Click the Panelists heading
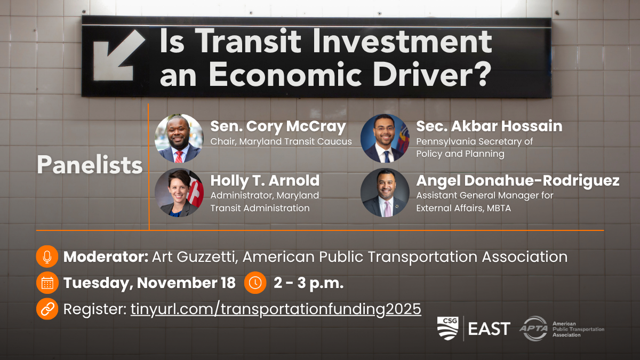[x=90, y=165]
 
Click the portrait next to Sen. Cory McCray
[x=179, y=139]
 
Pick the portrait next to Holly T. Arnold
[x=179, y=193]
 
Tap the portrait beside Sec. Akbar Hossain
[x=385, y=139]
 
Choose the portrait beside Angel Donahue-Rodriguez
[x=385, y=193]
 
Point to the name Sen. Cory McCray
[x=278, y=126]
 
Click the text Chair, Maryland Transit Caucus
[x=281, y=141]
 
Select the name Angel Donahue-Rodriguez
[x=518, y=181]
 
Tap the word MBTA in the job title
[x=499, y=208]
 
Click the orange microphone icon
[x=47, y=257]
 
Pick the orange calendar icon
[x=47, y=283]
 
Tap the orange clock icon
[x=255, y=283]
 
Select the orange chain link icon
[x=47, y=309]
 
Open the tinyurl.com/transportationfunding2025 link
[x=276, y=309]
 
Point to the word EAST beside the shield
[x=489, y=329]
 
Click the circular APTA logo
[x=534, y=329]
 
